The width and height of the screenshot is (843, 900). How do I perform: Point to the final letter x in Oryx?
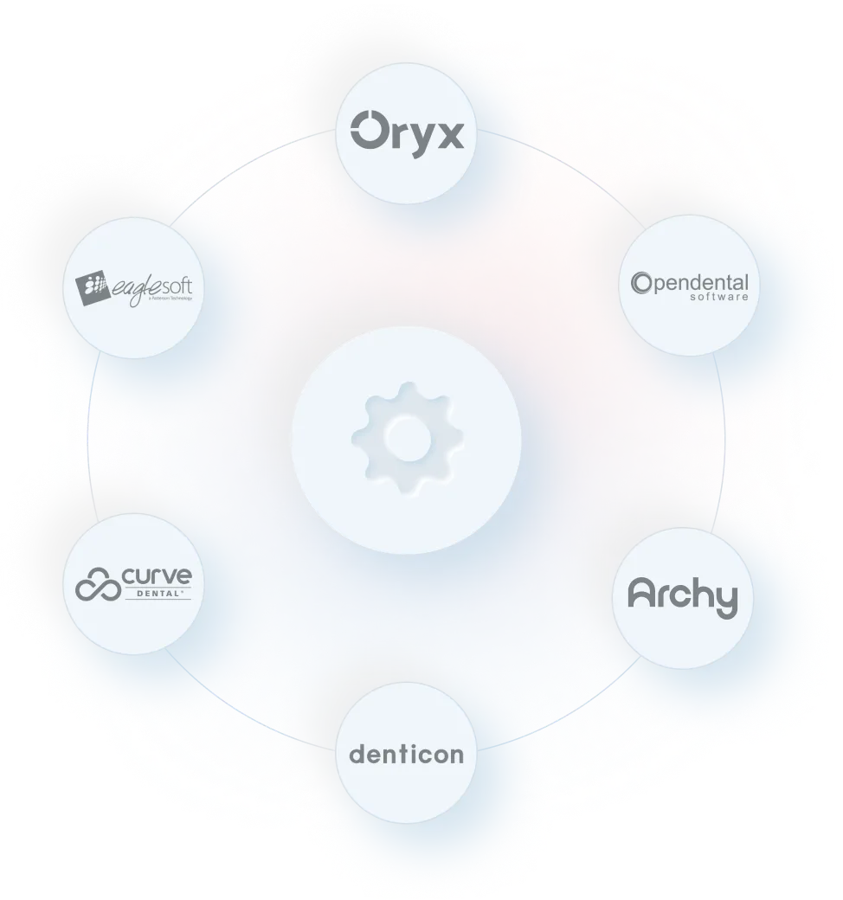448,136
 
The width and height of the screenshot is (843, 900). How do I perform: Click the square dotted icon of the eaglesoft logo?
90,286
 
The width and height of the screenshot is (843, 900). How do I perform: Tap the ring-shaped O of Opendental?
641,283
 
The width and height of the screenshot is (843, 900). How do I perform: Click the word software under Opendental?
718,297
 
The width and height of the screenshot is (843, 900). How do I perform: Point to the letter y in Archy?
726,601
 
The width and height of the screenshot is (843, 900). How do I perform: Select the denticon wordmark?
406,755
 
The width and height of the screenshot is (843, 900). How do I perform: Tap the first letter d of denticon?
355,754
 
